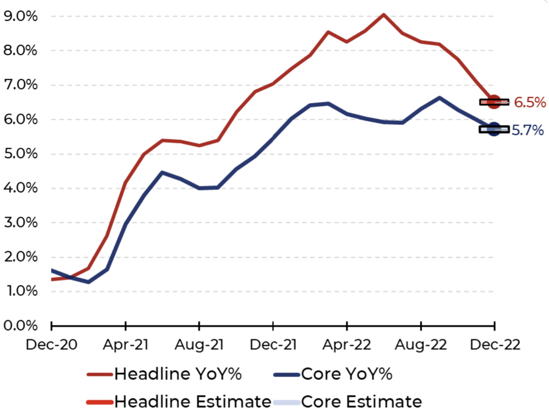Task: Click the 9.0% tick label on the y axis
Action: pos(20,16)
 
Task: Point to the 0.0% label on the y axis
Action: pos(20,325)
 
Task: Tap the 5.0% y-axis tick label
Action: pos(20,154)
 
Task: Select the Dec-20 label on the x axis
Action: pos(51,345)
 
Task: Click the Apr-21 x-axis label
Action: pos(126,345)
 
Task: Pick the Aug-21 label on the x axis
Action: pos(199,345)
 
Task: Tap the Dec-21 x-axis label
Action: pos(273,345)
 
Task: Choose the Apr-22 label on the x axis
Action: pos(347,345)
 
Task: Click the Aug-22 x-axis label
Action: pos(421,345)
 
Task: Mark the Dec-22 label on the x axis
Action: pos(495,345)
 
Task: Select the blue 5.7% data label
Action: pos(528,130)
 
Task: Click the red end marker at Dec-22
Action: pos(494,102)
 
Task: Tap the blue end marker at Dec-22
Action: pos(494,129)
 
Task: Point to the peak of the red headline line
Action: pos(384,15)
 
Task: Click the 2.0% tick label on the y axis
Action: pos(20,257)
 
